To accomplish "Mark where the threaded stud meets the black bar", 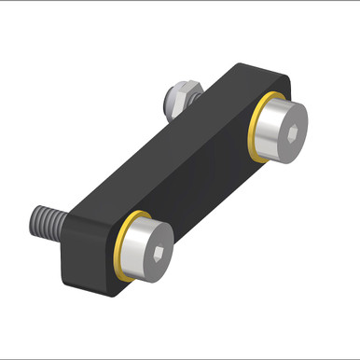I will (x=62, y=228).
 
